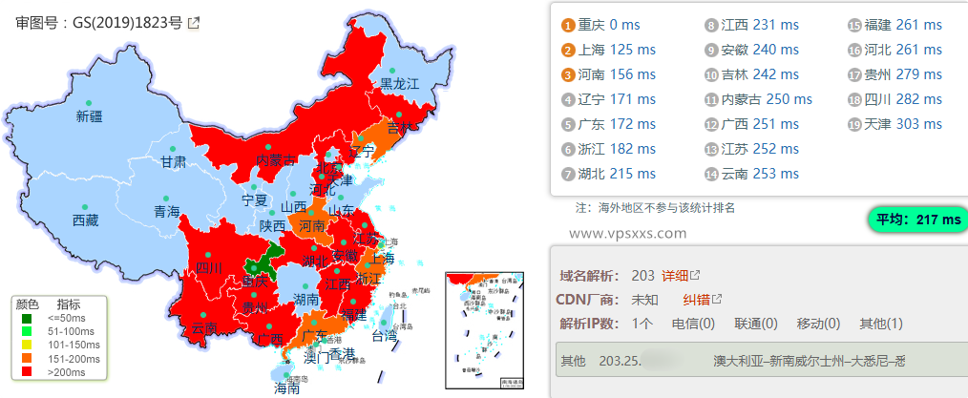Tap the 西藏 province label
85,220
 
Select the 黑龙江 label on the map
400,84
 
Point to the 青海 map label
166,212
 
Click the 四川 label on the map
208,268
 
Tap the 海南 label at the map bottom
287,388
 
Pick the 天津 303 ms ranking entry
904,124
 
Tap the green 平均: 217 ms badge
916,220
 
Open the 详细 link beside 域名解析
675,276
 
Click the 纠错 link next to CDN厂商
696,300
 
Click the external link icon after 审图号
194,23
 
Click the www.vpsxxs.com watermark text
627,232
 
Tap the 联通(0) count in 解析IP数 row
754,324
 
